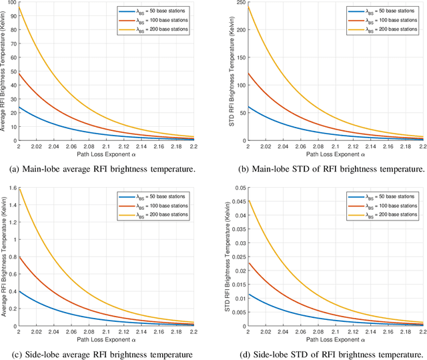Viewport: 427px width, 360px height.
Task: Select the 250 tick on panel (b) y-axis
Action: [x=238, y=4]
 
